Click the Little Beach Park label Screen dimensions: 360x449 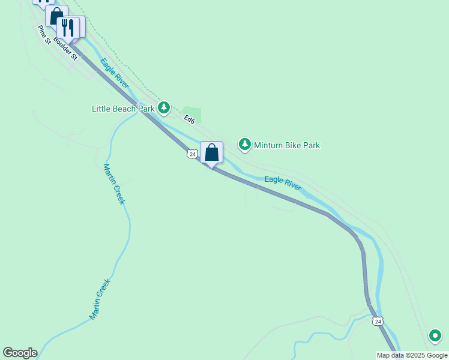[122, 109]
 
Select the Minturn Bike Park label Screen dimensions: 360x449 [286, 145]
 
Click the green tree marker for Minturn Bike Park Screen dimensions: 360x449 [244, 145]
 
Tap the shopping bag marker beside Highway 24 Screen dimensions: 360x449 [211, 152]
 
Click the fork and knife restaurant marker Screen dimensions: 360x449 [68, 27]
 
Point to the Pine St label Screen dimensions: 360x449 [44, 34]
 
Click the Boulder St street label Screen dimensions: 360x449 [65, 49]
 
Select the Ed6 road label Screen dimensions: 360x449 [190, 119]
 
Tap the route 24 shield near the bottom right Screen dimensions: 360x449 [378, 322]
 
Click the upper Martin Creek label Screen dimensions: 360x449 [114, 184]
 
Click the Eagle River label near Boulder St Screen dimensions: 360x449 [115, 73]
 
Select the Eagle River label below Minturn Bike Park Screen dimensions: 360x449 [283, 183]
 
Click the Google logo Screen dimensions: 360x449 [20, 353]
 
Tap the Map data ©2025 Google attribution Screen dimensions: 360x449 [412, 355]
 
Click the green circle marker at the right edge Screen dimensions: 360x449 [435, 335]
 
